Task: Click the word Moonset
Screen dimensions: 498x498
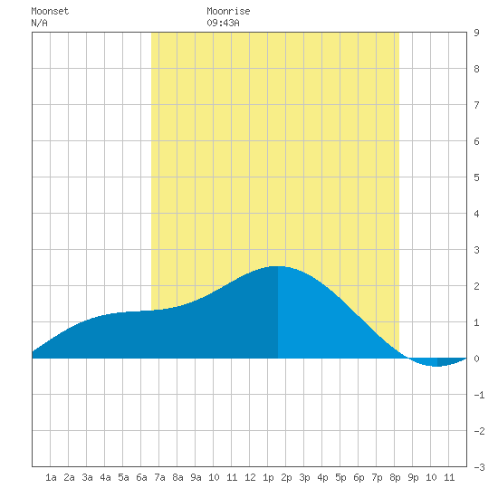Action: coord(50,11)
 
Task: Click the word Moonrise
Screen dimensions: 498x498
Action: coord(228,11)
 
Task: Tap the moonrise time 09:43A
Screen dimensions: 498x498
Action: coord(223,23)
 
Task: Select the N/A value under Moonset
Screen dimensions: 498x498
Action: coord(39,23)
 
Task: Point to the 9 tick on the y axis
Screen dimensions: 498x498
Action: coord(476,33)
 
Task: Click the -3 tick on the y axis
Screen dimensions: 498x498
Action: coord(479,467)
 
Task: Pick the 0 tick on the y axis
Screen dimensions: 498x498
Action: coord(476,359)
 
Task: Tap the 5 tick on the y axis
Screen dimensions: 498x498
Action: coord(476,177)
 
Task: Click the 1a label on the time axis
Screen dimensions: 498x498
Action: coord(51,477)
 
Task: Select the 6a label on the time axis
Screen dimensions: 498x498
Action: coord(141,477)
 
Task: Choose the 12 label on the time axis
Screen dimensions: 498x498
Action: coord(250,477)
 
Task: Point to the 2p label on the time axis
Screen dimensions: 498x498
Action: coord(286,477)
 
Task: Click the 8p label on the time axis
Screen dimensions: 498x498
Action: coord(395,477)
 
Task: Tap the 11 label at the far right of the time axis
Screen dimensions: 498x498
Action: coord(449,477)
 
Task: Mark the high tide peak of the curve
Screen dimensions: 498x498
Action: coord(278,266)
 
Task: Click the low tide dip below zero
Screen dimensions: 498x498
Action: coord(437,366)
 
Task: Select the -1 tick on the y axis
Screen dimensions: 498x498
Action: coord(479,395)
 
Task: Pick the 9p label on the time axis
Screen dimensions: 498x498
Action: coord(413,477)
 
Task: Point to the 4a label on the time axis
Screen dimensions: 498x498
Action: coord(105,477)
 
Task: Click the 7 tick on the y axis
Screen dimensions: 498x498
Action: coord(476,105)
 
